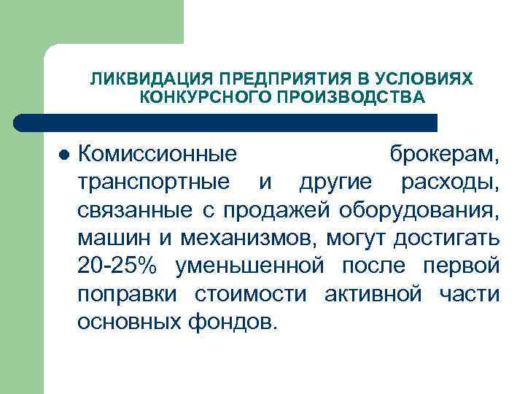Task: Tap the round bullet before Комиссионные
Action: [63, 155]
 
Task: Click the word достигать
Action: [446, 238]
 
